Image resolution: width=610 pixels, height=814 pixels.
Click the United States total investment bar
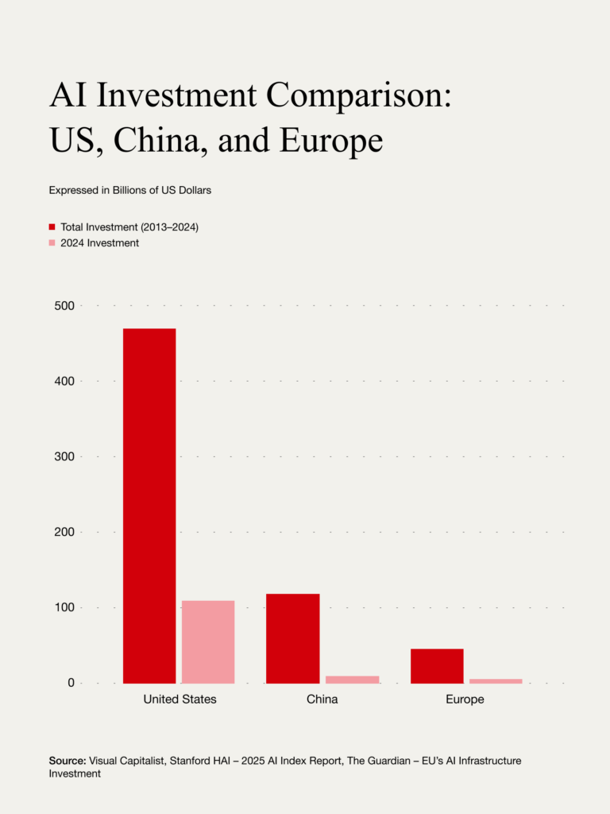point(149,506)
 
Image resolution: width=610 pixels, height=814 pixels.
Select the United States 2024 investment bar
point(208,642)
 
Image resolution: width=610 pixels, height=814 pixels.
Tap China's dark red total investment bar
point(292,638)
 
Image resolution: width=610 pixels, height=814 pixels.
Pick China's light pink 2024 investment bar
point(352,679)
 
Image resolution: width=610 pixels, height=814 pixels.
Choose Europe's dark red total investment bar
point(437,665)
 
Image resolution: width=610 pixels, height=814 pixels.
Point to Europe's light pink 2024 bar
point(496,680)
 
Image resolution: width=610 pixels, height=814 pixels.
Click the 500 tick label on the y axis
point(64,306)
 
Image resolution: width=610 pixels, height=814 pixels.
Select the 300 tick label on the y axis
point(64,456)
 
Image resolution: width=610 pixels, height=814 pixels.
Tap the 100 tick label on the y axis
point(64,607)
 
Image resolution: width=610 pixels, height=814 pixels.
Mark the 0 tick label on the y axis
point(71,683)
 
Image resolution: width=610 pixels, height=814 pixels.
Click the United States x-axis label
point(180,700)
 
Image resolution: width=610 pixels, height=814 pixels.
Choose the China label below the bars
point(322,700)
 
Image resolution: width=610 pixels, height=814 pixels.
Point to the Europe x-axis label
point(465,700)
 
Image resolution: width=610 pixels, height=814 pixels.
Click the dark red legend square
point(52,227)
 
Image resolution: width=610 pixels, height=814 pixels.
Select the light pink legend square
point(52,243)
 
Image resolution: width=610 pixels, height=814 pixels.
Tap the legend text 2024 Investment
point(99,243)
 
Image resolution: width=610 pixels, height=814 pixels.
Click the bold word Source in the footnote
point(68,761)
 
